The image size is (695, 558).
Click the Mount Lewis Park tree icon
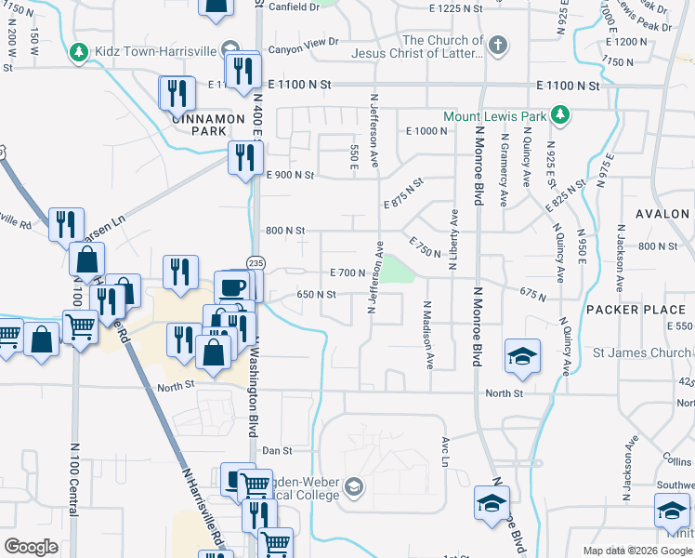pos(560,115)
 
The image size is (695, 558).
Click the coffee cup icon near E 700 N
pos(231,286)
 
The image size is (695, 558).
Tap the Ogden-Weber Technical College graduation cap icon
pos(353,486)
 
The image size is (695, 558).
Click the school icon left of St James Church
pos(523,355)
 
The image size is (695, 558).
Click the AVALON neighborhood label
pos(662,213)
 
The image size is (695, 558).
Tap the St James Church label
pos(657,352)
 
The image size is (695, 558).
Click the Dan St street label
pos(277,450)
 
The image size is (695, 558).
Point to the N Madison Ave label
pos(428,330)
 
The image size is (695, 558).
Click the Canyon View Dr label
pos(303,41)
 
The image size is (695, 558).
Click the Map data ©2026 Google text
pos(636,551)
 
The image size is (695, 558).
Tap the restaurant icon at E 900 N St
pos(244,156)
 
